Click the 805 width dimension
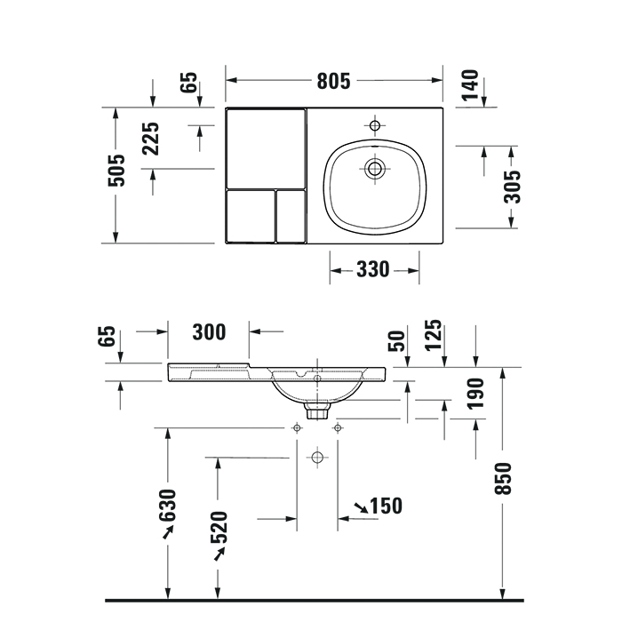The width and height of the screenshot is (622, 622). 333,81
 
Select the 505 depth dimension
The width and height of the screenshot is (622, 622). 116,171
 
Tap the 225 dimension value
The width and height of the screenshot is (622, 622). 151,139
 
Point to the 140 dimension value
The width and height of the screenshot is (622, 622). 470,85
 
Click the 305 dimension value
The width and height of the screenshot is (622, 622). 512,187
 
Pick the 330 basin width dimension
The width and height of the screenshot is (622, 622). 373,270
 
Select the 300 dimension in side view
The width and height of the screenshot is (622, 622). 209,332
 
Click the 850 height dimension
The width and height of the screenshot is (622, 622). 503,478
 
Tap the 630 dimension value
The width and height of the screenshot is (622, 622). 167,506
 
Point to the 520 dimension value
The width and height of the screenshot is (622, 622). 219,527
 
